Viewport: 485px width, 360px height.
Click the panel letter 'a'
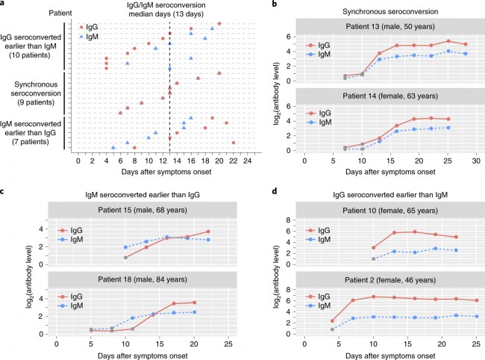click(4, 5)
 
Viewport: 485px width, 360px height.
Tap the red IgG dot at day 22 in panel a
click(234, 142)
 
